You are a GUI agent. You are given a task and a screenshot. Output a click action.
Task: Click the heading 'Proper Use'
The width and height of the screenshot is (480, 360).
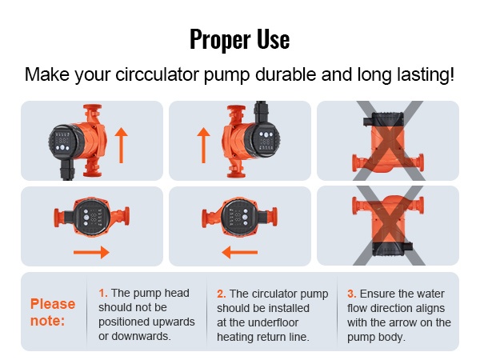240,39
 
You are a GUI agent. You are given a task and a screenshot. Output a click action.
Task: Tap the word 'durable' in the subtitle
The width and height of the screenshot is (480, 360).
286,74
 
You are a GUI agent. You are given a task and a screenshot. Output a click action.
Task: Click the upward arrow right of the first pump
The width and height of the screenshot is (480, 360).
122,145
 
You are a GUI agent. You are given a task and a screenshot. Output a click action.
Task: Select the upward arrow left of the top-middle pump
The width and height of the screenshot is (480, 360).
203,145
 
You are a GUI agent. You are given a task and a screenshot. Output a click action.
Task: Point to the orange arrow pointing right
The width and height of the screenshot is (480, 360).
91,252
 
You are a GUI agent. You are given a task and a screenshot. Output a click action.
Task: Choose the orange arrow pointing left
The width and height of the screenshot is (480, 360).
240,252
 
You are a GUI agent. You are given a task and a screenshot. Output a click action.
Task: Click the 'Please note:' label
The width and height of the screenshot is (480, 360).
53,312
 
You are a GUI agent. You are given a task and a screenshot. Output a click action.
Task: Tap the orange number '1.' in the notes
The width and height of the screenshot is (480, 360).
103,293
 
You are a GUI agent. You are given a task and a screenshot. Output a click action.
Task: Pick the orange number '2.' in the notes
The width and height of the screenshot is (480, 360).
222,294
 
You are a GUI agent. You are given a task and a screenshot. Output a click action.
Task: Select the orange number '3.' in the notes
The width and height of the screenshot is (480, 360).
352,294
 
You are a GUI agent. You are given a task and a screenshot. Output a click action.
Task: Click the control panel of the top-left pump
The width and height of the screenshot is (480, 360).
62,142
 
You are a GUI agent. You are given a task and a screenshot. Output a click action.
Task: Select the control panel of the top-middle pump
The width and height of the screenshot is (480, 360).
266,142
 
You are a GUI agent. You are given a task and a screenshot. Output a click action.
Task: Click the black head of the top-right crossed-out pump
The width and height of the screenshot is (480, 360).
383,120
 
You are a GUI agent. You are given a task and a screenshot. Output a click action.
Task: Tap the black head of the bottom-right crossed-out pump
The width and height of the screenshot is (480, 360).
392,248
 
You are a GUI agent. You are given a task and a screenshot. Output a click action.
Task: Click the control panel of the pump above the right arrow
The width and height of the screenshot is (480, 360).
92,218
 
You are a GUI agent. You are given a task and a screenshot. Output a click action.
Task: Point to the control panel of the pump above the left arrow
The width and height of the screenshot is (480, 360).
239,218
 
